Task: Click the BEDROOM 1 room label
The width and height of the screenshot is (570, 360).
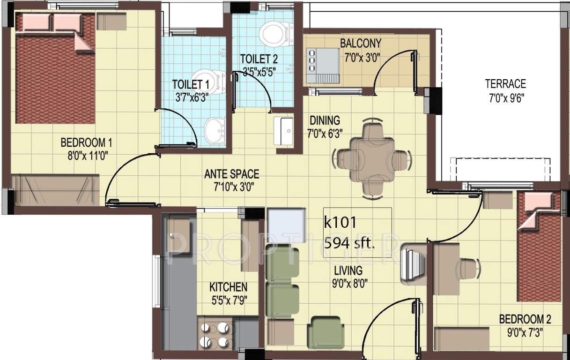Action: tap(86, 142)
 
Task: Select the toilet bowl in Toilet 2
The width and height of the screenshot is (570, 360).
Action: tap(274, 33)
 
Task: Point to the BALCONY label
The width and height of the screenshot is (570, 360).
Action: tap(360, 44)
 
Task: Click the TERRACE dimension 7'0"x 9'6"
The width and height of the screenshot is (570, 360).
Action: tap(505, 99)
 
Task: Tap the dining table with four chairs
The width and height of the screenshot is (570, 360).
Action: tap(372, 159)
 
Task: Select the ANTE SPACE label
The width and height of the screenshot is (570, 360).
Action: tap(231, 174)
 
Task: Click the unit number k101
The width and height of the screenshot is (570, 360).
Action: tap(341, 222)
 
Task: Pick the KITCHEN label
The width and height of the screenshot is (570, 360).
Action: tap(228, 287)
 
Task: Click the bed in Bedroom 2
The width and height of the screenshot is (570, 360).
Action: tap(539, 248)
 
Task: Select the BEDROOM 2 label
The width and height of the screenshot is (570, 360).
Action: tap(525, 319)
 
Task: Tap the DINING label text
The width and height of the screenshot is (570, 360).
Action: tap(324, 120)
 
